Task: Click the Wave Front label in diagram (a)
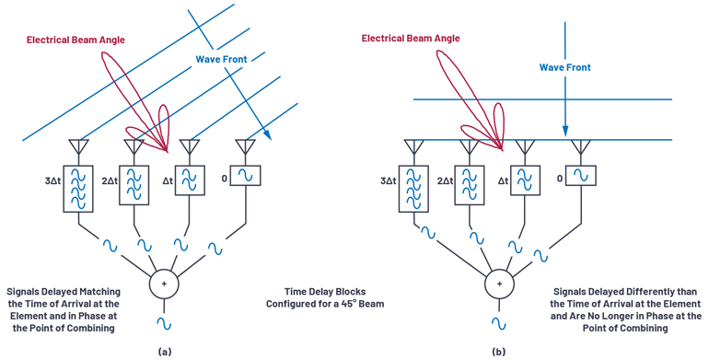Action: [221, 60]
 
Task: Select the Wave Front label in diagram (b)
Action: [564, 67]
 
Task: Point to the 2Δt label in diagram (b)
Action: [446, 182]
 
